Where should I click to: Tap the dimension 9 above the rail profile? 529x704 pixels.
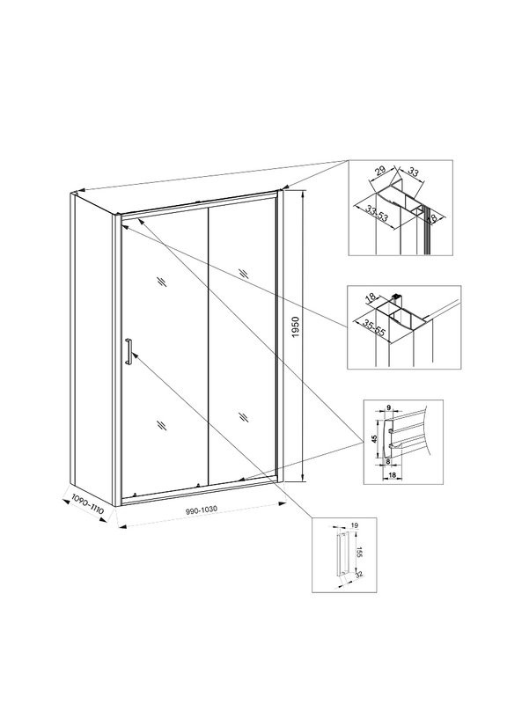[x=388, y=408]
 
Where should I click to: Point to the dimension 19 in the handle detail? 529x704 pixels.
[x=354, y=526]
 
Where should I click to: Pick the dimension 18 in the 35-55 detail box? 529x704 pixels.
[x=371, y=299]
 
